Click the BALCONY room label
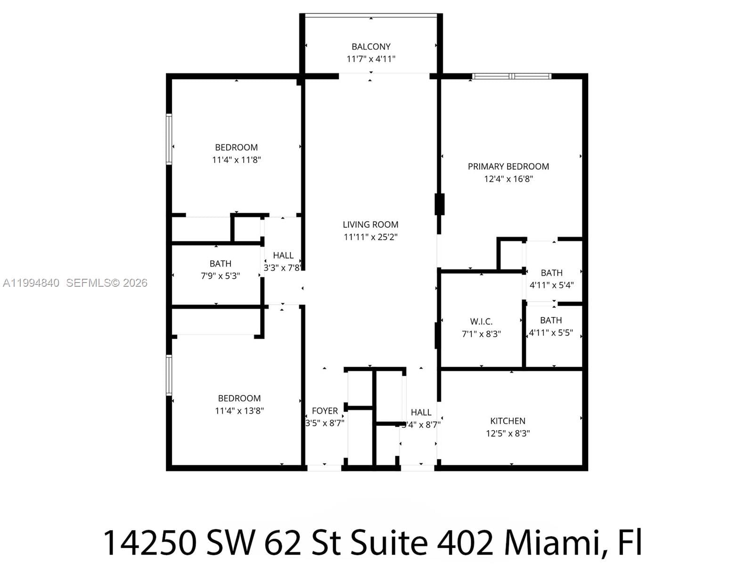(371, 47)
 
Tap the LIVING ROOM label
(370, 225)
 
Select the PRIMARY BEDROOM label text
(508, 166)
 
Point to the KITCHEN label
(508, 421)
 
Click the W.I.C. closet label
(481, 322)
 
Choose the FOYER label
(325, 411)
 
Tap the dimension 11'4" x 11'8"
(236, 160)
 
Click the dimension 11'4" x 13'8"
(239, 411)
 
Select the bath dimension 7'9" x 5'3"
(220, 276)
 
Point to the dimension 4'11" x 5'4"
(551, 285)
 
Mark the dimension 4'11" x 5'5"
(551, 333)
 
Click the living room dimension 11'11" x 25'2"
(370, 237)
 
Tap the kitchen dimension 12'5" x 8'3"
(508, 433)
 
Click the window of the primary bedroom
(512, 76)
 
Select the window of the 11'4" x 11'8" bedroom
(169, 139)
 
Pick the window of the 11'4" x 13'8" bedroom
(169, 375)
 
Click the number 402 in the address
(465, 542)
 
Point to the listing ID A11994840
(31, 283)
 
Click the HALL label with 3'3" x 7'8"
(283, 255)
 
